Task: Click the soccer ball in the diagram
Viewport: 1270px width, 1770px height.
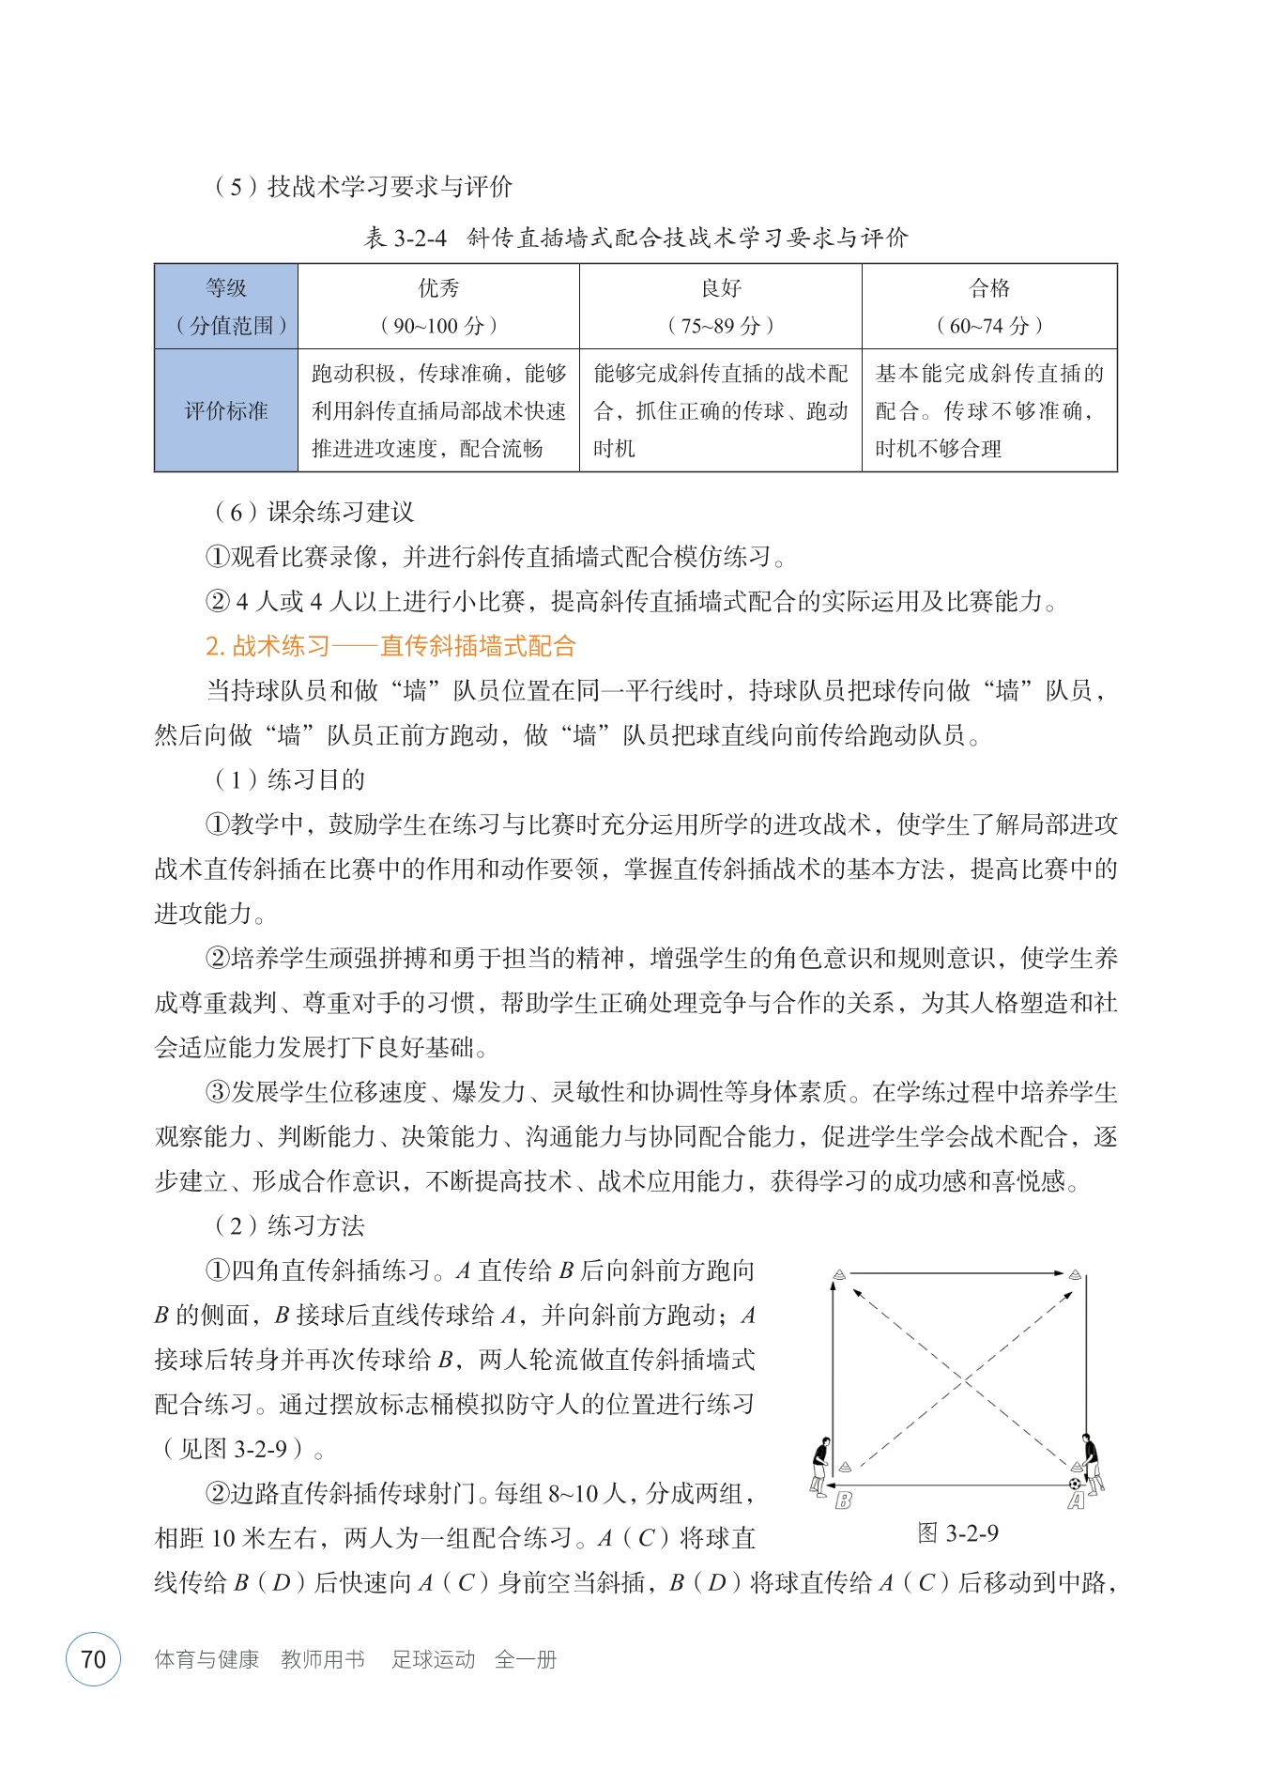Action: click(x=1074, y=1484)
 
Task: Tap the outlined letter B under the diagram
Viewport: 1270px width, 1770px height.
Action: click(x=843, y=1500)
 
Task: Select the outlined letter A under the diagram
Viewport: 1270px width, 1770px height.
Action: click(x=1076, y=1501)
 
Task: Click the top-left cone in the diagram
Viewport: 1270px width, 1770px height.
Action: click(x=839, y=1274)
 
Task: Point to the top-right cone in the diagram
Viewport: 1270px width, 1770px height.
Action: click(x=1076, y=1274)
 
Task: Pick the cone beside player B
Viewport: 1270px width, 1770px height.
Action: click(x=845, y=1467)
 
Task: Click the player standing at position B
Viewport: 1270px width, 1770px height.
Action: click(x=821, y=1465)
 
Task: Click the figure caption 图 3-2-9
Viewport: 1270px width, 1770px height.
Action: click(x=957, y=1533)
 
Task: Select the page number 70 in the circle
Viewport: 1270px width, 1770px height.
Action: click(x=93, y=1659)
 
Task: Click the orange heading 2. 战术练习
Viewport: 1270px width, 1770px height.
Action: click(x=390, y=646)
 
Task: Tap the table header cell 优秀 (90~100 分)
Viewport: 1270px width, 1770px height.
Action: click(x=438, y=306)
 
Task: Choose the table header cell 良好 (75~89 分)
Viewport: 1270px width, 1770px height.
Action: click(x=720, y=306)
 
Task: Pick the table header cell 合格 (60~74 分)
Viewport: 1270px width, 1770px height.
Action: click(x=989, y=306)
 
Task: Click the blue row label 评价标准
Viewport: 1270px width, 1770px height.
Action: click(x=226, y=410)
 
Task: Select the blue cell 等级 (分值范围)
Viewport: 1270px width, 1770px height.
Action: click(x=226, y=306)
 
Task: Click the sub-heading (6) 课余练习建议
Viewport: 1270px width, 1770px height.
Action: click(x=314, y=512)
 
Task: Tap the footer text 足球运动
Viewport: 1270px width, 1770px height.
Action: click(x=433, y=1659)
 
